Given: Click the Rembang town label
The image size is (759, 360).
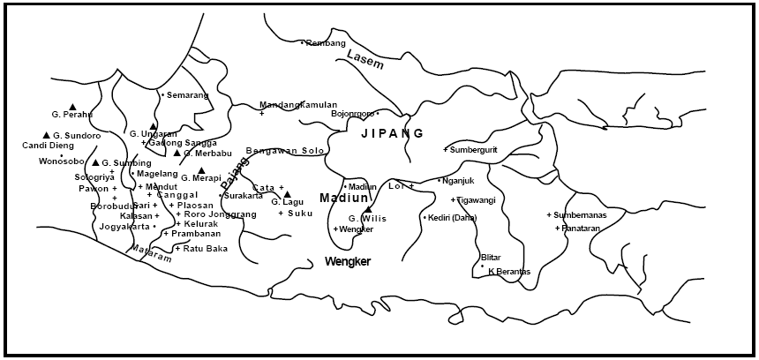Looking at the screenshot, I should coord(326,43).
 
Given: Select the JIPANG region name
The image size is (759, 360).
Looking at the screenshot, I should coord(392,133).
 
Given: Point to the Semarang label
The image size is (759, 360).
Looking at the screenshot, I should coord(187,94).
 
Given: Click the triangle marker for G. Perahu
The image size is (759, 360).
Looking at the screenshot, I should coord(73,107).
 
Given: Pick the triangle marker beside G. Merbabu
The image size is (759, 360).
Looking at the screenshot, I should coord(177,153).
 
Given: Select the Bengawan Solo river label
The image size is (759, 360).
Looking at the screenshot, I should coord(285,151).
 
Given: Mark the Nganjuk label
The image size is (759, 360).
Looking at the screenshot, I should coord(458,181).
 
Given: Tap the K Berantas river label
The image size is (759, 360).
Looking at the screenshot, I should coord(509,271).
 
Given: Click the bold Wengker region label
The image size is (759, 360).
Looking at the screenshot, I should coord(347,262).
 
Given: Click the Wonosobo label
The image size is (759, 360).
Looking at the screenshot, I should coord(61,161).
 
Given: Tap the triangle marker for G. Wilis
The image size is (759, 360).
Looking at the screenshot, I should coord(368,209).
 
